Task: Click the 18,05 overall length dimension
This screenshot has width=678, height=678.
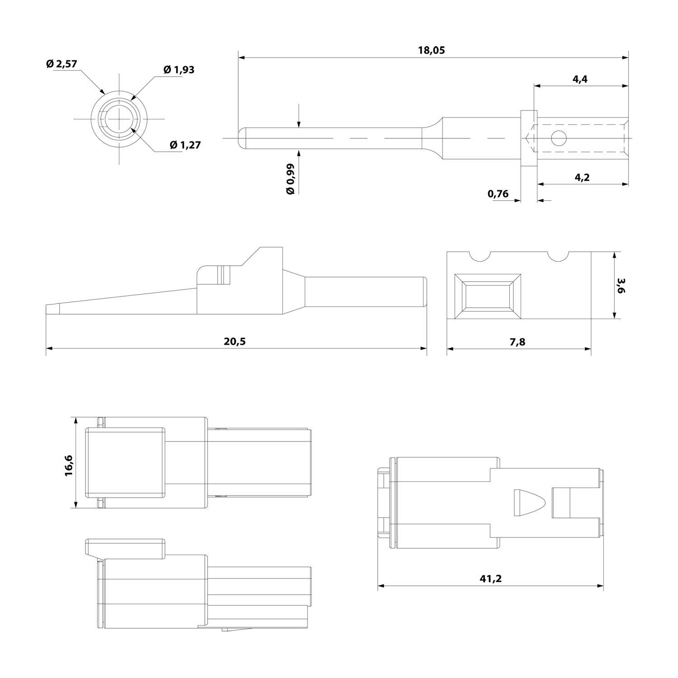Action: (x=431, y=50)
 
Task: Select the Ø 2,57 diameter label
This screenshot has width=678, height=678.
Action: (x=62, y=64)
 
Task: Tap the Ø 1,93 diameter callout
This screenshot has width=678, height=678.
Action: (x=179, y=70)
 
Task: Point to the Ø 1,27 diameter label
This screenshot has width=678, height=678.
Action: (x=185, y=145)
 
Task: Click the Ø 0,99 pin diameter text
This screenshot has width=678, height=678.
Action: (x=291, y=179)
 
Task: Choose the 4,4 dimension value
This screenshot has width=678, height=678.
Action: (x=580, y=79)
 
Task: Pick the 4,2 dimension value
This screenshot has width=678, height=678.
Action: (x=582, y=178)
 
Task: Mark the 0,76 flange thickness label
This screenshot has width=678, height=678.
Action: (x=498, y=194)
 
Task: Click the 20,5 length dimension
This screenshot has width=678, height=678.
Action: (x=235, y=341)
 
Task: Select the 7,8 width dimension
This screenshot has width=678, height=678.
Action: (x=518, y=342)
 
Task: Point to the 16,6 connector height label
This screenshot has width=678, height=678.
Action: (x=68, y=466)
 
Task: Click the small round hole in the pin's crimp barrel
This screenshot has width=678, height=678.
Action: (x=558, y=138)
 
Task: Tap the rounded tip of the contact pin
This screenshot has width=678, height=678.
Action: (x=241, y=137)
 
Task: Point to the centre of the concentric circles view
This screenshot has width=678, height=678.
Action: (x=120, y=119)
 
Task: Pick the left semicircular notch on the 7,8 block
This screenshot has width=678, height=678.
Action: (x=480, y=256)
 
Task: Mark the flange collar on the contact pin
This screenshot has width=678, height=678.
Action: (x=528, y=138)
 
